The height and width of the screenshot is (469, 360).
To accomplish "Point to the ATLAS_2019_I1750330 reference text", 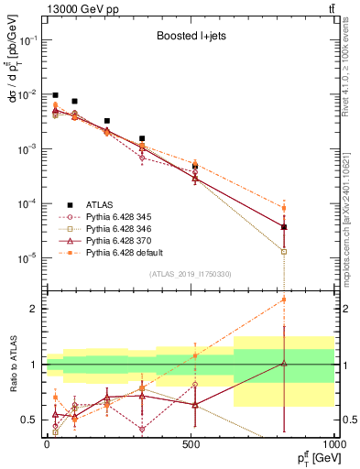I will (190, 274).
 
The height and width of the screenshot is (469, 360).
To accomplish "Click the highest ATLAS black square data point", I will (55, 95).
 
